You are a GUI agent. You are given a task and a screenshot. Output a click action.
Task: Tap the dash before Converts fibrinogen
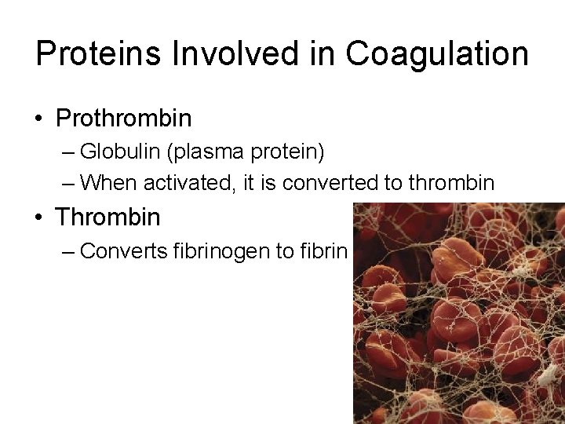tap(68, 251)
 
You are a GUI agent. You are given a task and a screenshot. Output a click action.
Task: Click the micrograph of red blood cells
tap(458, 314)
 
